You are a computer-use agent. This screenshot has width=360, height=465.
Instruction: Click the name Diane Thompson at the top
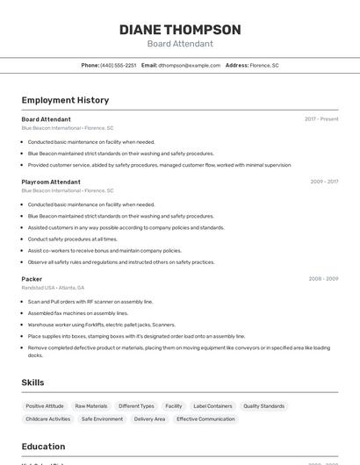[x=180, y=30]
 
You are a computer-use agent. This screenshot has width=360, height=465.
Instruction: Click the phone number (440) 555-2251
[x=118, y=65]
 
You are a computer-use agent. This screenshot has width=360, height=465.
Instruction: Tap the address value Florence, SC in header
[x=264, y=65]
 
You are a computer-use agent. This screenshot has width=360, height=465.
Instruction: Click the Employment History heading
[x=65, y=100]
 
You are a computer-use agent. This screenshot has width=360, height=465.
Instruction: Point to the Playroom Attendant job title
[x=51, y=182]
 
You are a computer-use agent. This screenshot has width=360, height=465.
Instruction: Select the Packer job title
[x=32, y=279]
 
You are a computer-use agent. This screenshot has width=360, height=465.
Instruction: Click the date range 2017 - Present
[x=321, y=118]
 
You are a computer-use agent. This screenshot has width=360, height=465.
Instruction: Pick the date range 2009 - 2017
[x=324, y=182]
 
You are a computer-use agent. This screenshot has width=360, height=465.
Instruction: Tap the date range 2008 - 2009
[x=323, y=279]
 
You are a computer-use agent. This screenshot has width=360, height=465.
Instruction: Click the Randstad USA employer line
[x=53, y=288]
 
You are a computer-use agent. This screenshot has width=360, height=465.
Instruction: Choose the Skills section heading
[x=32, y=383]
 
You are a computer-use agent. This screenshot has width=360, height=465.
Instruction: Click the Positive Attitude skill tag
[x=45, y=406]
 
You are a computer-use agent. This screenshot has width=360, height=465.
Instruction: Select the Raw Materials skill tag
[x=91, y=406]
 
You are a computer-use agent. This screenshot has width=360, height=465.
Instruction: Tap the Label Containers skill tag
[x=213, y=406]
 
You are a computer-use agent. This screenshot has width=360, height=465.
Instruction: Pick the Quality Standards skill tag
[x=264, y=406]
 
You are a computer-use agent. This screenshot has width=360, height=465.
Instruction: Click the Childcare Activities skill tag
[x=48, y=419]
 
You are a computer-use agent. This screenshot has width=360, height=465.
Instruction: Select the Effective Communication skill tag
[x=205, y=419]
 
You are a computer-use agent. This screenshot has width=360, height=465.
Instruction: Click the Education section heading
[x=43, y=446]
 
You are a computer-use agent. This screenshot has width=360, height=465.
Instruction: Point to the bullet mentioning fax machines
[x=78, y=312]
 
